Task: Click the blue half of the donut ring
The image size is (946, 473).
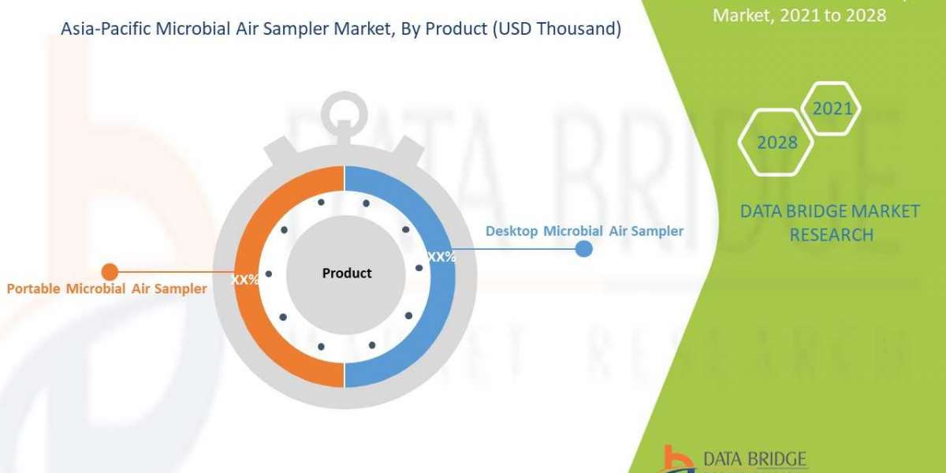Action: [438, 315]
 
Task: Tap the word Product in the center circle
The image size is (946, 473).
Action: [347, 274]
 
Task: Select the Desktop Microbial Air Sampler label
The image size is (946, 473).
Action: [584, 231]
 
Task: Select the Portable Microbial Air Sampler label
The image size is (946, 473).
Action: [106, 289]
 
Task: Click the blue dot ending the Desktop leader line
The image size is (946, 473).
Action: [583, 249]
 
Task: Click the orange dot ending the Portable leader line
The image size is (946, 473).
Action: [110, 272]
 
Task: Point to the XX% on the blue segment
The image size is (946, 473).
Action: [441, 257]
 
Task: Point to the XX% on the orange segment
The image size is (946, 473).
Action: [244, 279]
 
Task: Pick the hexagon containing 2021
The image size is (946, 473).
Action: [831, 109]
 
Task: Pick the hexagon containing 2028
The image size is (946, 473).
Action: [777, 143]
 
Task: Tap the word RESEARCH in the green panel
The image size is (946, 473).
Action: [831, 234]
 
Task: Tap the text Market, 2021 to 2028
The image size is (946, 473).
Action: [799, 14]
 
